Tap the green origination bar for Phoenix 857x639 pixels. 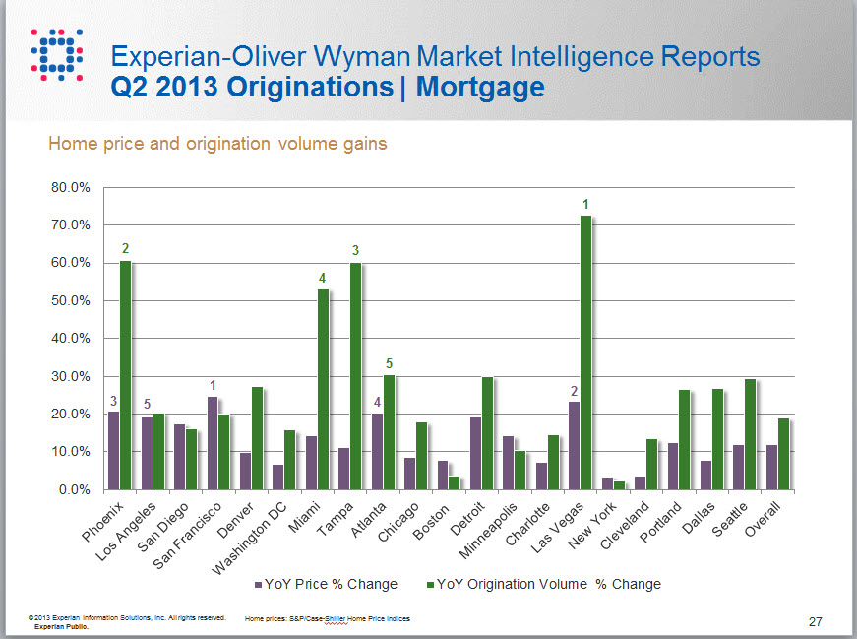pyautogui.click(x=125, y=374)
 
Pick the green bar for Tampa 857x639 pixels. pyautogui.click(x=355, y=375)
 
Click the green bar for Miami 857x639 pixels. pyautogui.click(x=323, y=389)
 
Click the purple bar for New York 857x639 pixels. pyautogui.click(x=607, y=483)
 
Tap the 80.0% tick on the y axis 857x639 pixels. pyautogui.click(x=69, y=187)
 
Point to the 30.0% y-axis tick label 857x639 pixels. pyautogui.click(x=69, y=376)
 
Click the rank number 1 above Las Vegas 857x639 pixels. pyautogui.click(x=585, y=204)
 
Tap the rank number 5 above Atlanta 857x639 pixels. pyautogui.click(x=389, y=363)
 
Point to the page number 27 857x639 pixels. pyautogui.click(x=815, y=621)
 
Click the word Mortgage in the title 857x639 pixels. pyautogui.click(x=480, y=87)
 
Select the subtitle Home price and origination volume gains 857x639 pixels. pyautogui.click(x=217, y=144)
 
